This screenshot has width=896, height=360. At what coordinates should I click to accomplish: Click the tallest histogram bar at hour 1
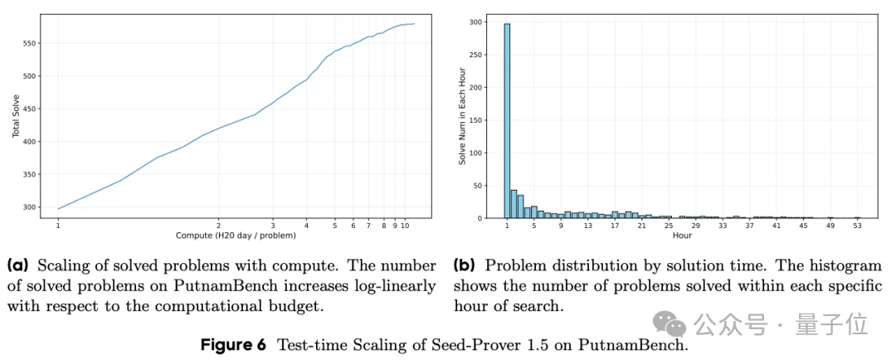(x=507, y=121)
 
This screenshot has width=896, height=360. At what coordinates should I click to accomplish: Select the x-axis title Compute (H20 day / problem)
(x=236, y=236)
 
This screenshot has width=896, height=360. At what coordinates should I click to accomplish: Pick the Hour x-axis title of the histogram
(x=681, y=236)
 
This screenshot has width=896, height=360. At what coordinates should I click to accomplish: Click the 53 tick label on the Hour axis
(x=857, y=226)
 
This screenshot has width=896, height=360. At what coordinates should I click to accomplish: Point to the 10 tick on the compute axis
(x=405, y=226)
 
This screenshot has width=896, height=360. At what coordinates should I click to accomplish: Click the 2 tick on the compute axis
(x=218, y=226)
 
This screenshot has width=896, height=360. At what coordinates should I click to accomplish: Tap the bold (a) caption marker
(x=17, y=266)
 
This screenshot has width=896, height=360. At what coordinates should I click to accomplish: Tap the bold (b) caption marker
(x=465, y=266)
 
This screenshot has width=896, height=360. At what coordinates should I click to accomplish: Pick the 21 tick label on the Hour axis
(x=641, y=226)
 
